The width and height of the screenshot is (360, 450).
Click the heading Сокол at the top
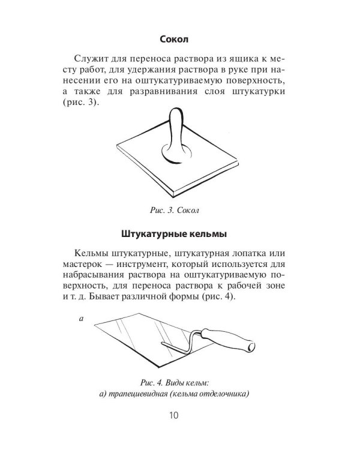point(174,40)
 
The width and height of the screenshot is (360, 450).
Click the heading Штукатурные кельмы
point(175,231)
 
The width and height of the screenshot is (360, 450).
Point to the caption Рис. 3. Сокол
point(175,211)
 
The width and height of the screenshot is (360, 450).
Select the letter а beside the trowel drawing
point(80,319)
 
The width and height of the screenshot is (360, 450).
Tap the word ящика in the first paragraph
point(231,59)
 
